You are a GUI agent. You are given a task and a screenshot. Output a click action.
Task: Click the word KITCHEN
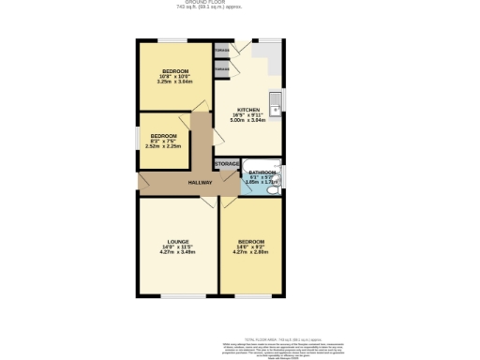coord(247,110)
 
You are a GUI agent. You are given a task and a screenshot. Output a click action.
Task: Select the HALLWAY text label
coord(200,182)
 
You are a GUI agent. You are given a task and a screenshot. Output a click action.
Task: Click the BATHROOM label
coord(262,172)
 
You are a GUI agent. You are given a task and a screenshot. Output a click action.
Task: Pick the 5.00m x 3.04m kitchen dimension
coord(248,121)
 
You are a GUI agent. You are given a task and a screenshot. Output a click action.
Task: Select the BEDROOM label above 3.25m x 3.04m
coord(175,71)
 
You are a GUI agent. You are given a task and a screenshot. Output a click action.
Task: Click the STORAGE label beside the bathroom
coord(227,164)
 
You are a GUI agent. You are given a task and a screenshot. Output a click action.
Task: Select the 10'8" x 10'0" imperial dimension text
coord(175,77)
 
